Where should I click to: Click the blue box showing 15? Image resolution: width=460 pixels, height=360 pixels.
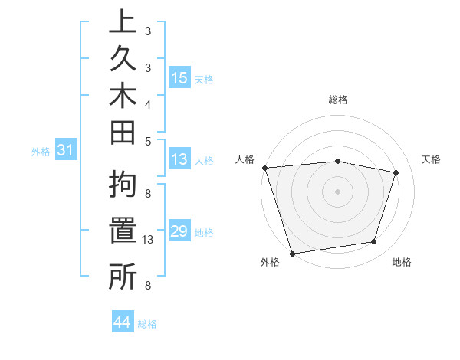click(179, 78)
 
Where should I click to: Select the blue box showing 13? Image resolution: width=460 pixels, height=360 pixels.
click(179, 160)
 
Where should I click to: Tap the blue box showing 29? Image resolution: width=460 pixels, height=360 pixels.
click(179, 231)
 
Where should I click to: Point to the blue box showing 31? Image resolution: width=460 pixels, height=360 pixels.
click(66, 151)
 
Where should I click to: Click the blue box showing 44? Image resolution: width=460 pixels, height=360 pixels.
click(123, 322)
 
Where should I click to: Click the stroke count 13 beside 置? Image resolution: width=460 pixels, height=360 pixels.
click(149, 240)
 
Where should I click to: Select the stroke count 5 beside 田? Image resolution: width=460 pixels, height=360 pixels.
click(148, 141)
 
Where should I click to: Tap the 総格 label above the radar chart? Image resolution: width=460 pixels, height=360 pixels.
click(338, 100)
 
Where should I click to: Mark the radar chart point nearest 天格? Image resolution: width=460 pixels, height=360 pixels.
click(396, 172)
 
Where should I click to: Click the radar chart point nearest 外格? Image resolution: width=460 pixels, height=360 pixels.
click(293, 253)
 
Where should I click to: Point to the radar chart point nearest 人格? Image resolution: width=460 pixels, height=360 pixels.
click(264, 167)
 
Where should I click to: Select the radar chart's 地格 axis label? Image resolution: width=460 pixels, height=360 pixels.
click(402, 262)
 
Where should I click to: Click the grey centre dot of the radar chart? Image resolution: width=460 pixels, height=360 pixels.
click(338, 191)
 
